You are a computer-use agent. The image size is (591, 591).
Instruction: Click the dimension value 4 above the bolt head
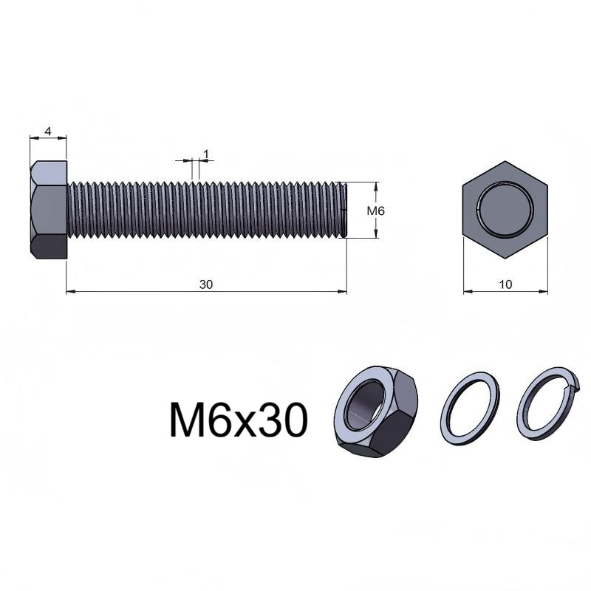point(48,131)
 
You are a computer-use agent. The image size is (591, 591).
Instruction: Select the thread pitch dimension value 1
point(206,154)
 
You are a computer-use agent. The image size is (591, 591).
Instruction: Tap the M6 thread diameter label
point(376,211)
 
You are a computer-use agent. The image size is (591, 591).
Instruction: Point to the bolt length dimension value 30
point(206,284)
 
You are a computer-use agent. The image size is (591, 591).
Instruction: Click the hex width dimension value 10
point(505,284)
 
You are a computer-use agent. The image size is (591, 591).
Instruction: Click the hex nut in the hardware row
point(376,411)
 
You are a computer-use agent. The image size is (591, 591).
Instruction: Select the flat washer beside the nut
point(470,408)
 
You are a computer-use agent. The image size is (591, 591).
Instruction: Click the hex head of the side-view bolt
point(49,210)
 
